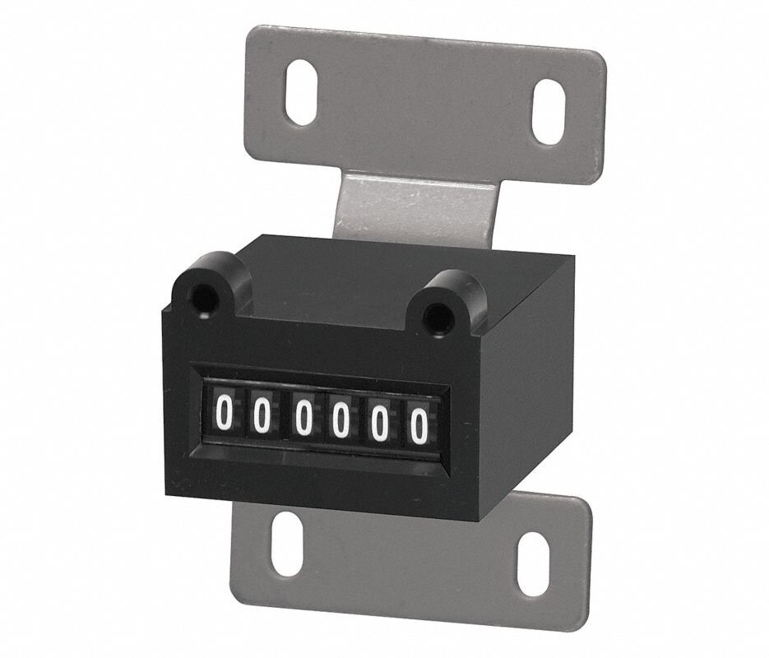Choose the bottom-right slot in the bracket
pyautogui.click(x=532, y=559)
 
